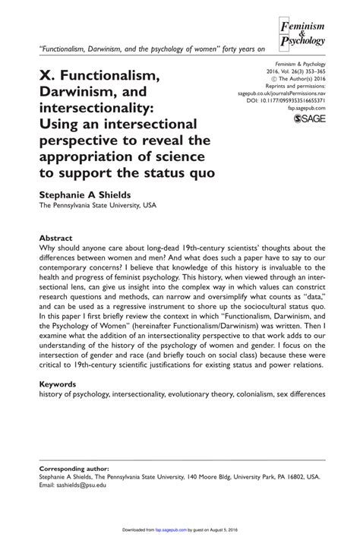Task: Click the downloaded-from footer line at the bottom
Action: [x=180, y=527]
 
